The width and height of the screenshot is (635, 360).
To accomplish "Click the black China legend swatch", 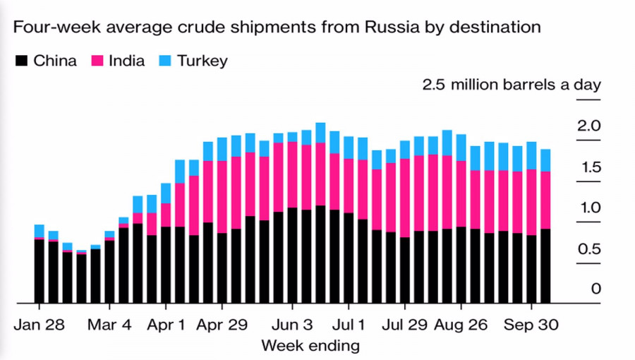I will point(22,61).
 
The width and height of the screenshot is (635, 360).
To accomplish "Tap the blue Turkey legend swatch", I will point(166,61).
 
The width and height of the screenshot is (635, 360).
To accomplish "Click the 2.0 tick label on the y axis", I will point(588,126).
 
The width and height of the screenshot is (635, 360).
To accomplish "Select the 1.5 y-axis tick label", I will point(588,167).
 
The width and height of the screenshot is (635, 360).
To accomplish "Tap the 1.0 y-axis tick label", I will point(588,208).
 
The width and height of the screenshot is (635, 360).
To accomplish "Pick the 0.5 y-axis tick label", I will point(588,249).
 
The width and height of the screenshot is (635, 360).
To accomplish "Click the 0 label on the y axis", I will point(595,289).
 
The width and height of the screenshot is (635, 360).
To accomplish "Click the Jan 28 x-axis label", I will point(39,325).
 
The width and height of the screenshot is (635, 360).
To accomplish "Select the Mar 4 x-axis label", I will point(109,325).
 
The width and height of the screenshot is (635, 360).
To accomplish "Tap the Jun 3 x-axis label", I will point(292,325).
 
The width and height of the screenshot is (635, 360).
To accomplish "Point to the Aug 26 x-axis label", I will point(461,325).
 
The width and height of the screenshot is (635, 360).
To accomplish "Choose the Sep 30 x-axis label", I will point(531,325).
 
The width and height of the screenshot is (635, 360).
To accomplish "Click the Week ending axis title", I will point(310,346).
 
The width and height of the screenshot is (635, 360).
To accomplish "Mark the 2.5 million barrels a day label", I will point(512,85).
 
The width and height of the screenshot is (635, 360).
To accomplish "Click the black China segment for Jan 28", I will point(39,272).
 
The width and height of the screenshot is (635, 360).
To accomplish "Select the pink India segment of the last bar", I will point(545,200).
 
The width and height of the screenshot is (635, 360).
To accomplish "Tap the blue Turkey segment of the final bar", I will point(545,160).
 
